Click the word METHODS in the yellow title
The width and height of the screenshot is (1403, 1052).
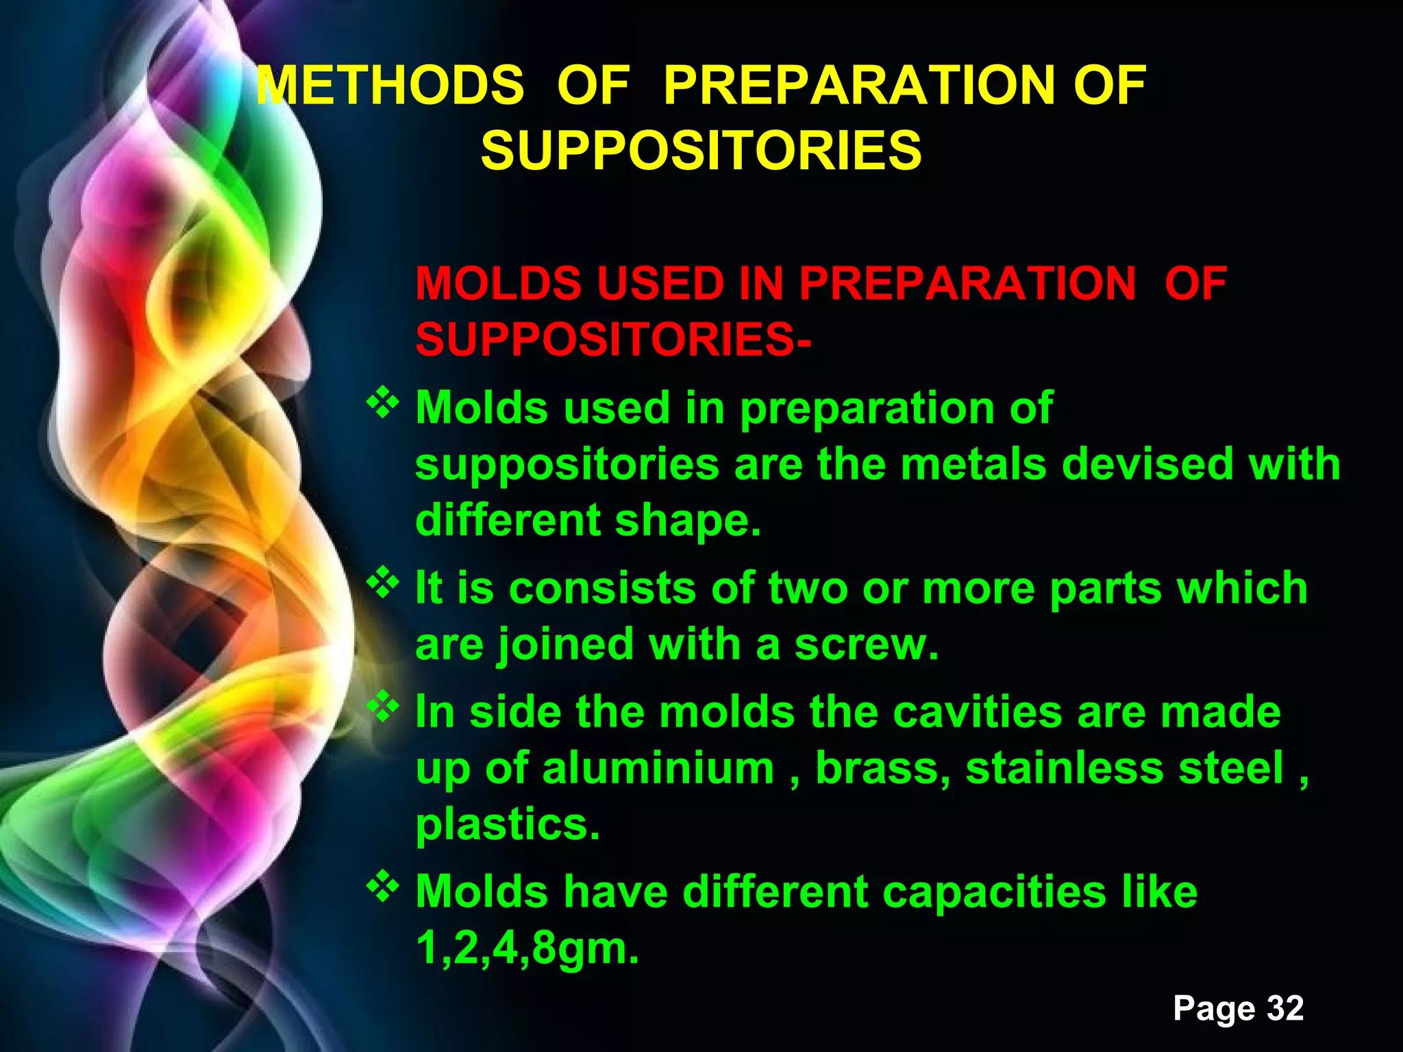pyautogui.click(x=390, y=86)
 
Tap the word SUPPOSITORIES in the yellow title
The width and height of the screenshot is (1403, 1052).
pyautogui.click(x=701, y=151)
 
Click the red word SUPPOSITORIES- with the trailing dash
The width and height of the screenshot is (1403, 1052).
pyautogui.click(x=613, y=340)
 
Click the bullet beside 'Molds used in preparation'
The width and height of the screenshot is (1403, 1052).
pyautogui.click(x=383, y=404)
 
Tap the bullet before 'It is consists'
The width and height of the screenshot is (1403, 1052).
pyautogui.click(x=383, y=584)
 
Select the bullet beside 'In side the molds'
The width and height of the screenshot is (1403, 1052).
pyautogui.click(x=383, y=707)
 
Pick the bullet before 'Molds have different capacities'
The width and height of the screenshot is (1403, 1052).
pyautogui.click(x=383, y=888)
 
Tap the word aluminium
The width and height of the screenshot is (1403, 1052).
pyautogui.click(x=658, y=768)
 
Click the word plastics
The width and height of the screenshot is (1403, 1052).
pyautogui.click(x=508, y=825)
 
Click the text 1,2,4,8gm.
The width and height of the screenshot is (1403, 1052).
pyautogui.click(x=527, y=949)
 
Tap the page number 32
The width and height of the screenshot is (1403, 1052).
pyautogui.click(x=1284, y=1008)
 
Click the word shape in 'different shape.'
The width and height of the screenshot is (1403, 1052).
pyautogui.click(x=686, y=521)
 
